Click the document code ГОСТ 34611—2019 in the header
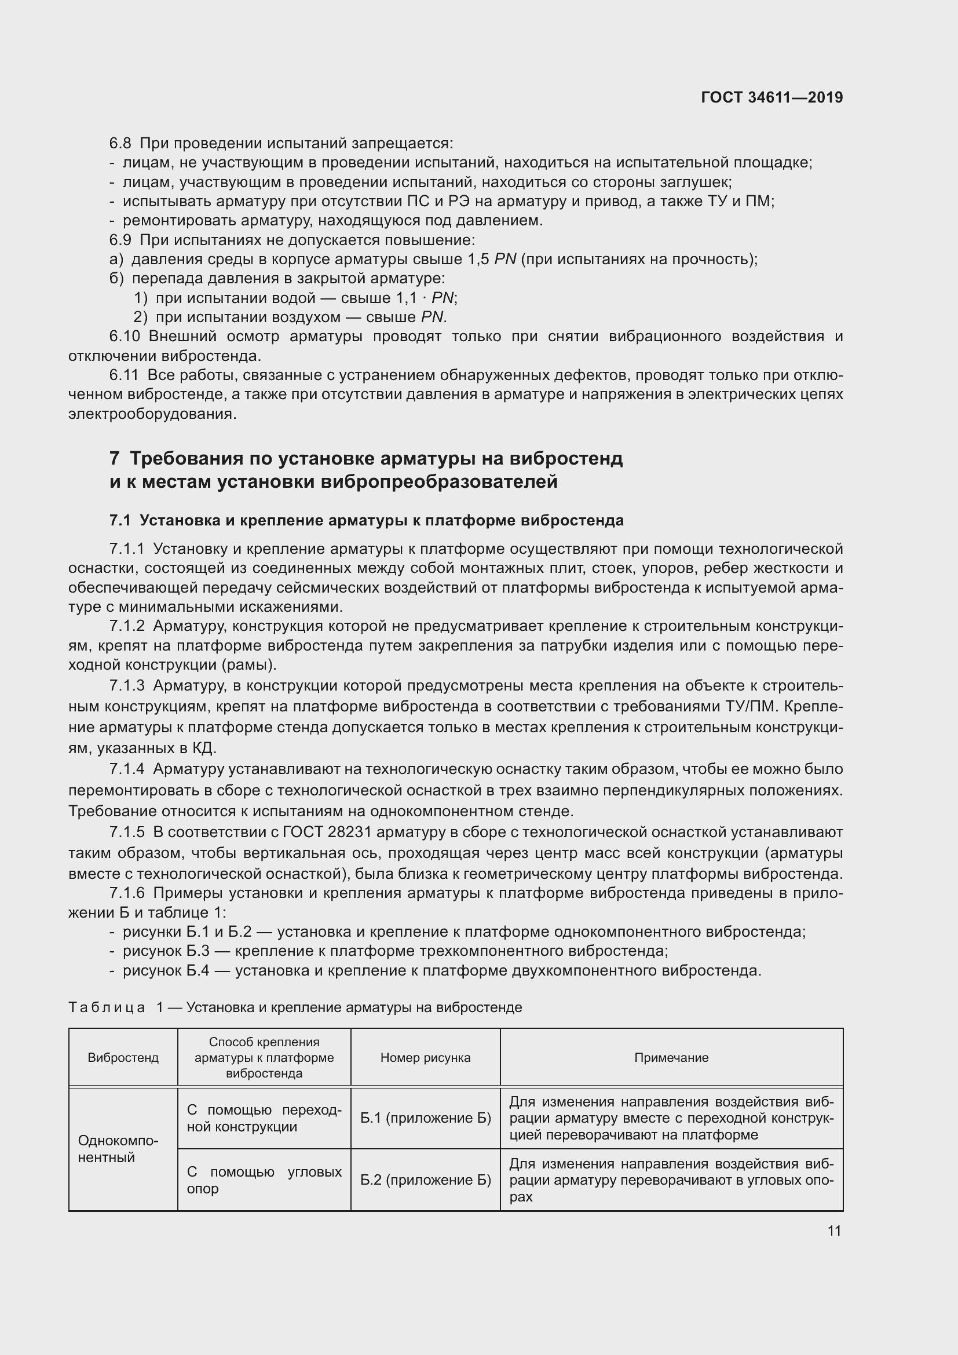[771, 97]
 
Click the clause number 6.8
[120, 144]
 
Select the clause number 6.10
[125, 337]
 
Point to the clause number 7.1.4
[127, 769]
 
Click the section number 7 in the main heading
[115, 458]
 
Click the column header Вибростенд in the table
[123, 1058]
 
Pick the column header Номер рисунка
[425, 1058]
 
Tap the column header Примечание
[671, 1058]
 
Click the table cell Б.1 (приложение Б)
[425, 1117]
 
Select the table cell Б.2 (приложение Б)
[425, 1179]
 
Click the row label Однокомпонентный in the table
[118, 1148]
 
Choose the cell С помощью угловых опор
[264, 1179]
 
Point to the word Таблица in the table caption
[107, 1007]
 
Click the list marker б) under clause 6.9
[116, 279]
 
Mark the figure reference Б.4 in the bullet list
[198, 971]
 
